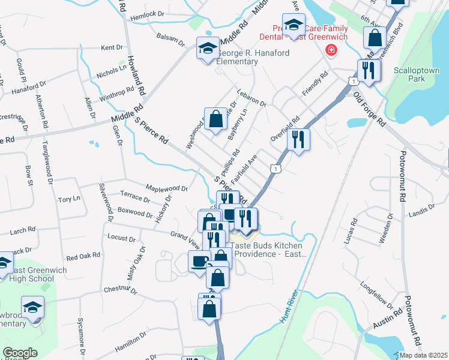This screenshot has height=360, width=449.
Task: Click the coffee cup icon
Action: (x=199, y=261)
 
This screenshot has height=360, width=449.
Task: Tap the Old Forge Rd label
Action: (x=369, y=109)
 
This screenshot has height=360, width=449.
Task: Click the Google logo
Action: (x=20, y=353)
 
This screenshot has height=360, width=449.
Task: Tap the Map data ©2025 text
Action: (x=424, y=355)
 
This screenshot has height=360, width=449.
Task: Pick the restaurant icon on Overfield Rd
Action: (x=298, y=140)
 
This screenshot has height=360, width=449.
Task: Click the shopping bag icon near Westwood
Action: (x=215, y=119)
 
